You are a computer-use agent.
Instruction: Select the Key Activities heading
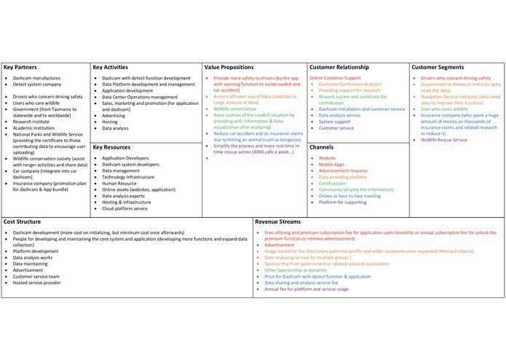[x=111, y=67]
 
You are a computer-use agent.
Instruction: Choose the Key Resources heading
[x=111, y=147]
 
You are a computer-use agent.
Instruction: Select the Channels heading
[x=321, y=147]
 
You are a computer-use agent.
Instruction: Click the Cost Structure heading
[x=23, y=221]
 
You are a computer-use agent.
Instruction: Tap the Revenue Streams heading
[x=280, y=221]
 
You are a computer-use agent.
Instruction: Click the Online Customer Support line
[x=334, y=78]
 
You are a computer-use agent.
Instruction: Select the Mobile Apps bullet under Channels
[x=331, y=165]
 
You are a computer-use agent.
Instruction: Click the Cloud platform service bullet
[x=125, y=208]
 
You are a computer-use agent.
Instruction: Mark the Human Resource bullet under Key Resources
[x=119, y=183]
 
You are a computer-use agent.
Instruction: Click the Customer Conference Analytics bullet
[x=351, y=85]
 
